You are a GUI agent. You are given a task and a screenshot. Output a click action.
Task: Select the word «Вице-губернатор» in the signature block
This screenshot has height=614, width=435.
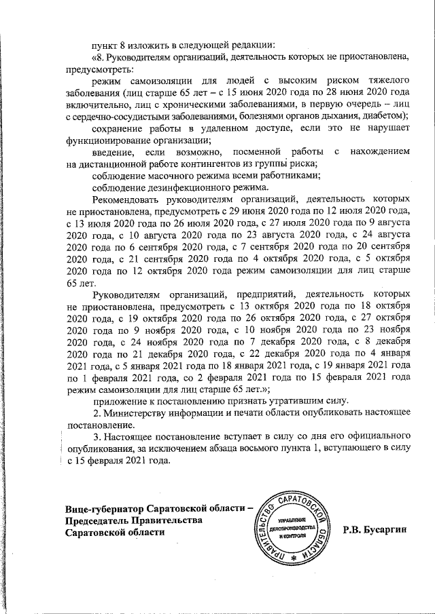[107, 510]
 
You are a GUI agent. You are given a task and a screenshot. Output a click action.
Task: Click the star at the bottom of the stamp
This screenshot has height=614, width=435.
[294, 558]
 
